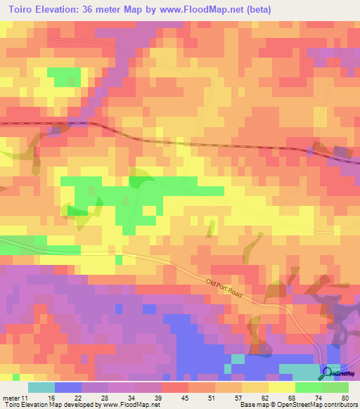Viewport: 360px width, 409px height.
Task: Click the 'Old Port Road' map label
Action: [x=223, y=287]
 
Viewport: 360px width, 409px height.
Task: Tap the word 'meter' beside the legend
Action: [x=11, y=397]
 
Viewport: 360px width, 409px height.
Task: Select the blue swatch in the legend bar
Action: [x=67, y=387]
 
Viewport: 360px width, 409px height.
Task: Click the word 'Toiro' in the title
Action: [x=24, y=10]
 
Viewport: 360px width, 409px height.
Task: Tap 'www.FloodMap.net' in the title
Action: [x=204, y=10]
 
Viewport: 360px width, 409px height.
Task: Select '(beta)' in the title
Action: [x=257, y=10]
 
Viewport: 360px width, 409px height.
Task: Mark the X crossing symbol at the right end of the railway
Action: [x=309, y=152]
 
